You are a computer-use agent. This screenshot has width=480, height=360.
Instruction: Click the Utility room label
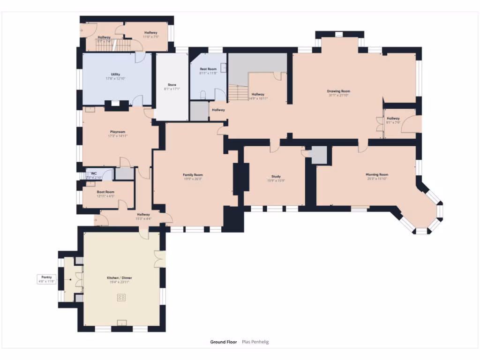(x=115, y=74)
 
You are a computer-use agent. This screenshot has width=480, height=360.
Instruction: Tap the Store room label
(x=172, y=85)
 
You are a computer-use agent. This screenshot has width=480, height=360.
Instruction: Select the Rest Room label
(x=208, y=69)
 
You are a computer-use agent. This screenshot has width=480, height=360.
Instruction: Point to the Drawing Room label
(x=338, y=91)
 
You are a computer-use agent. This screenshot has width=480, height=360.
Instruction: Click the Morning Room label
(x=377, y=174)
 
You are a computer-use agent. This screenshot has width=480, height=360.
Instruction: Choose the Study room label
(x=276, y=176)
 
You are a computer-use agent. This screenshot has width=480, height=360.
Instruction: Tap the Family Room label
(x=193, y=174)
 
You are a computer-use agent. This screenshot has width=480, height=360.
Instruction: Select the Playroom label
(x=118, y=132)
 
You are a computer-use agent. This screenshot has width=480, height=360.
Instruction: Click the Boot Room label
(x=105, y=192)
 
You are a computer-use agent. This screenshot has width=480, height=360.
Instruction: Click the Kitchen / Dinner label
(x=119, y=278)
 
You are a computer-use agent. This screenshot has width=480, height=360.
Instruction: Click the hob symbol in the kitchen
(x=121, y=297)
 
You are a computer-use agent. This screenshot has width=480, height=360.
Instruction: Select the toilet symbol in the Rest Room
(x=202, y=95)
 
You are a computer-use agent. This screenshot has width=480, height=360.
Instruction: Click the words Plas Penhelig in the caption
(x=255, y=342)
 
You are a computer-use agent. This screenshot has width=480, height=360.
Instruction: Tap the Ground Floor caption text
(x=224, y=342)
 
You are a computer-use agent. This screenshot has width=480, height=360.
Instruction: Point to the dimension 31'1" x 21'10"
(x=338, y=95)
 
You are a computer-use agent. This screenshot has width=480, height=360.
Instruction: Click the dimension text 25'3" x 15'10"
(x=377, y=179)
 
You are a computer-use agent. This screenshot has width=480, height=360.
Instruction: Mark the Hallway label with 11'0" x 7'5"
(x=151, y=32)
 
